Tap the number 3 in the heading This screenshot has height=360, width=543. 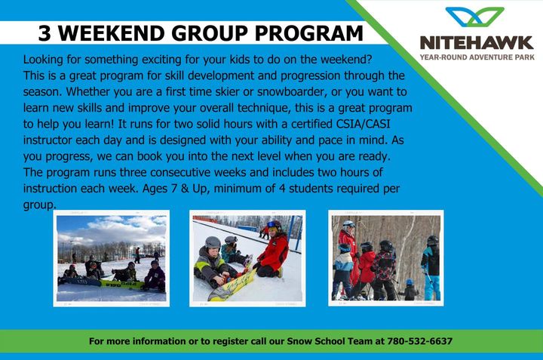point(44,33)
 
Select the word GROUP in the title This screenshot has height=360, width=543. point(210,33)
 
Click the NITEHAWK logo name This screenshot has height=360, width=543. point(477,42)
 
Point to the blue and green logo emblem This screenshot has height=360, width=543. point(475,17)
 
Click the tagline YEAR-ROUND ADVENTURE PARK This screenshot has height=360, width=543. point(477,57)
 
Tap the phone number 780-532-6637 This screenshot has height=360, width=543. point(420,341)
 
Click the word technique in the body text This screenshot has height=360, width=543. point(262,108)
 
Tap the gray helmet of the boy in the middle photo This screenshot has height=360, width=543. point(213,242)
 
